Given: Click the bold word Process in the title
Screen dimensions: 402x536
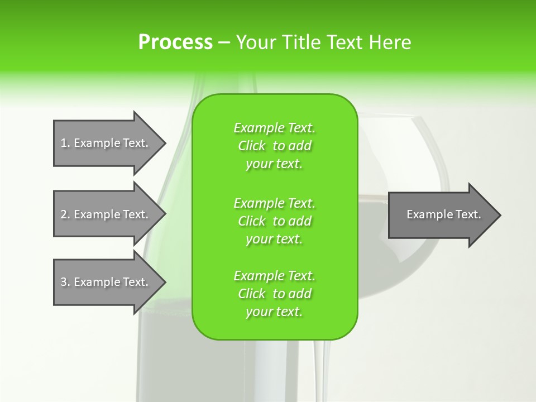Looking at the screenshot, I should [175, 42].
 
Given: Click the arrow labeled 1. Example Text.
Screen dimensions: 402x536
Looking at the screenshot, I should [106, 143].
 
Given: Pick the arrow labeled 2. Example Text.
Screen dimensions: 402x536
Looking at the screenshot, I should [106, 214].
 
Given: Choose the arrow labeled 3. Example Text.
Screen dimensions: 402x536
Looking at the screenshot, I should [106, 282].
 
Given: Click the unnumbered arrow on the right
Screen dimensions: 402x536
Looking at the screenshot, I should [441, 215].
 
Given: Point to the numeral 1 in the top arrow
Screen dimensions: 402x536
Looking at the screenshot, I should [64, 143].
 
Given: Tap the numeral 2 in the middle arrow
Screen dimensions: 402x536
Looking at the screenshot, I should [64, 214].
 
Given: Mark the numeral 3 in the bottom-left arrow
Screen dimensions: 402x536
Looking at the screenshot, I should [64, 282].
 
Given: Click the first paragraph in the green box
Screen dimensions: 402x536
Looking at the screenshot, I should [274, 146].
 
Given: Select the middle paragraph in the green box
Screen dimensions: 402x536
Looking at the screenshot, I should [274, 221].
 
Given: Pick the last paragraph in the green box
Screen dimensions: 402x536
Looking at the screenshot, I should [274, 294].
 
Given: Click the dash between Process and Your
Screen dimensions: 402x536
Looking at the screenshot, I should [224, 42].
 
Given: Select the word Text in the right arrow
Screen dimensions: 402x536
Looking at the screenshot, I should [468, 214].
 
